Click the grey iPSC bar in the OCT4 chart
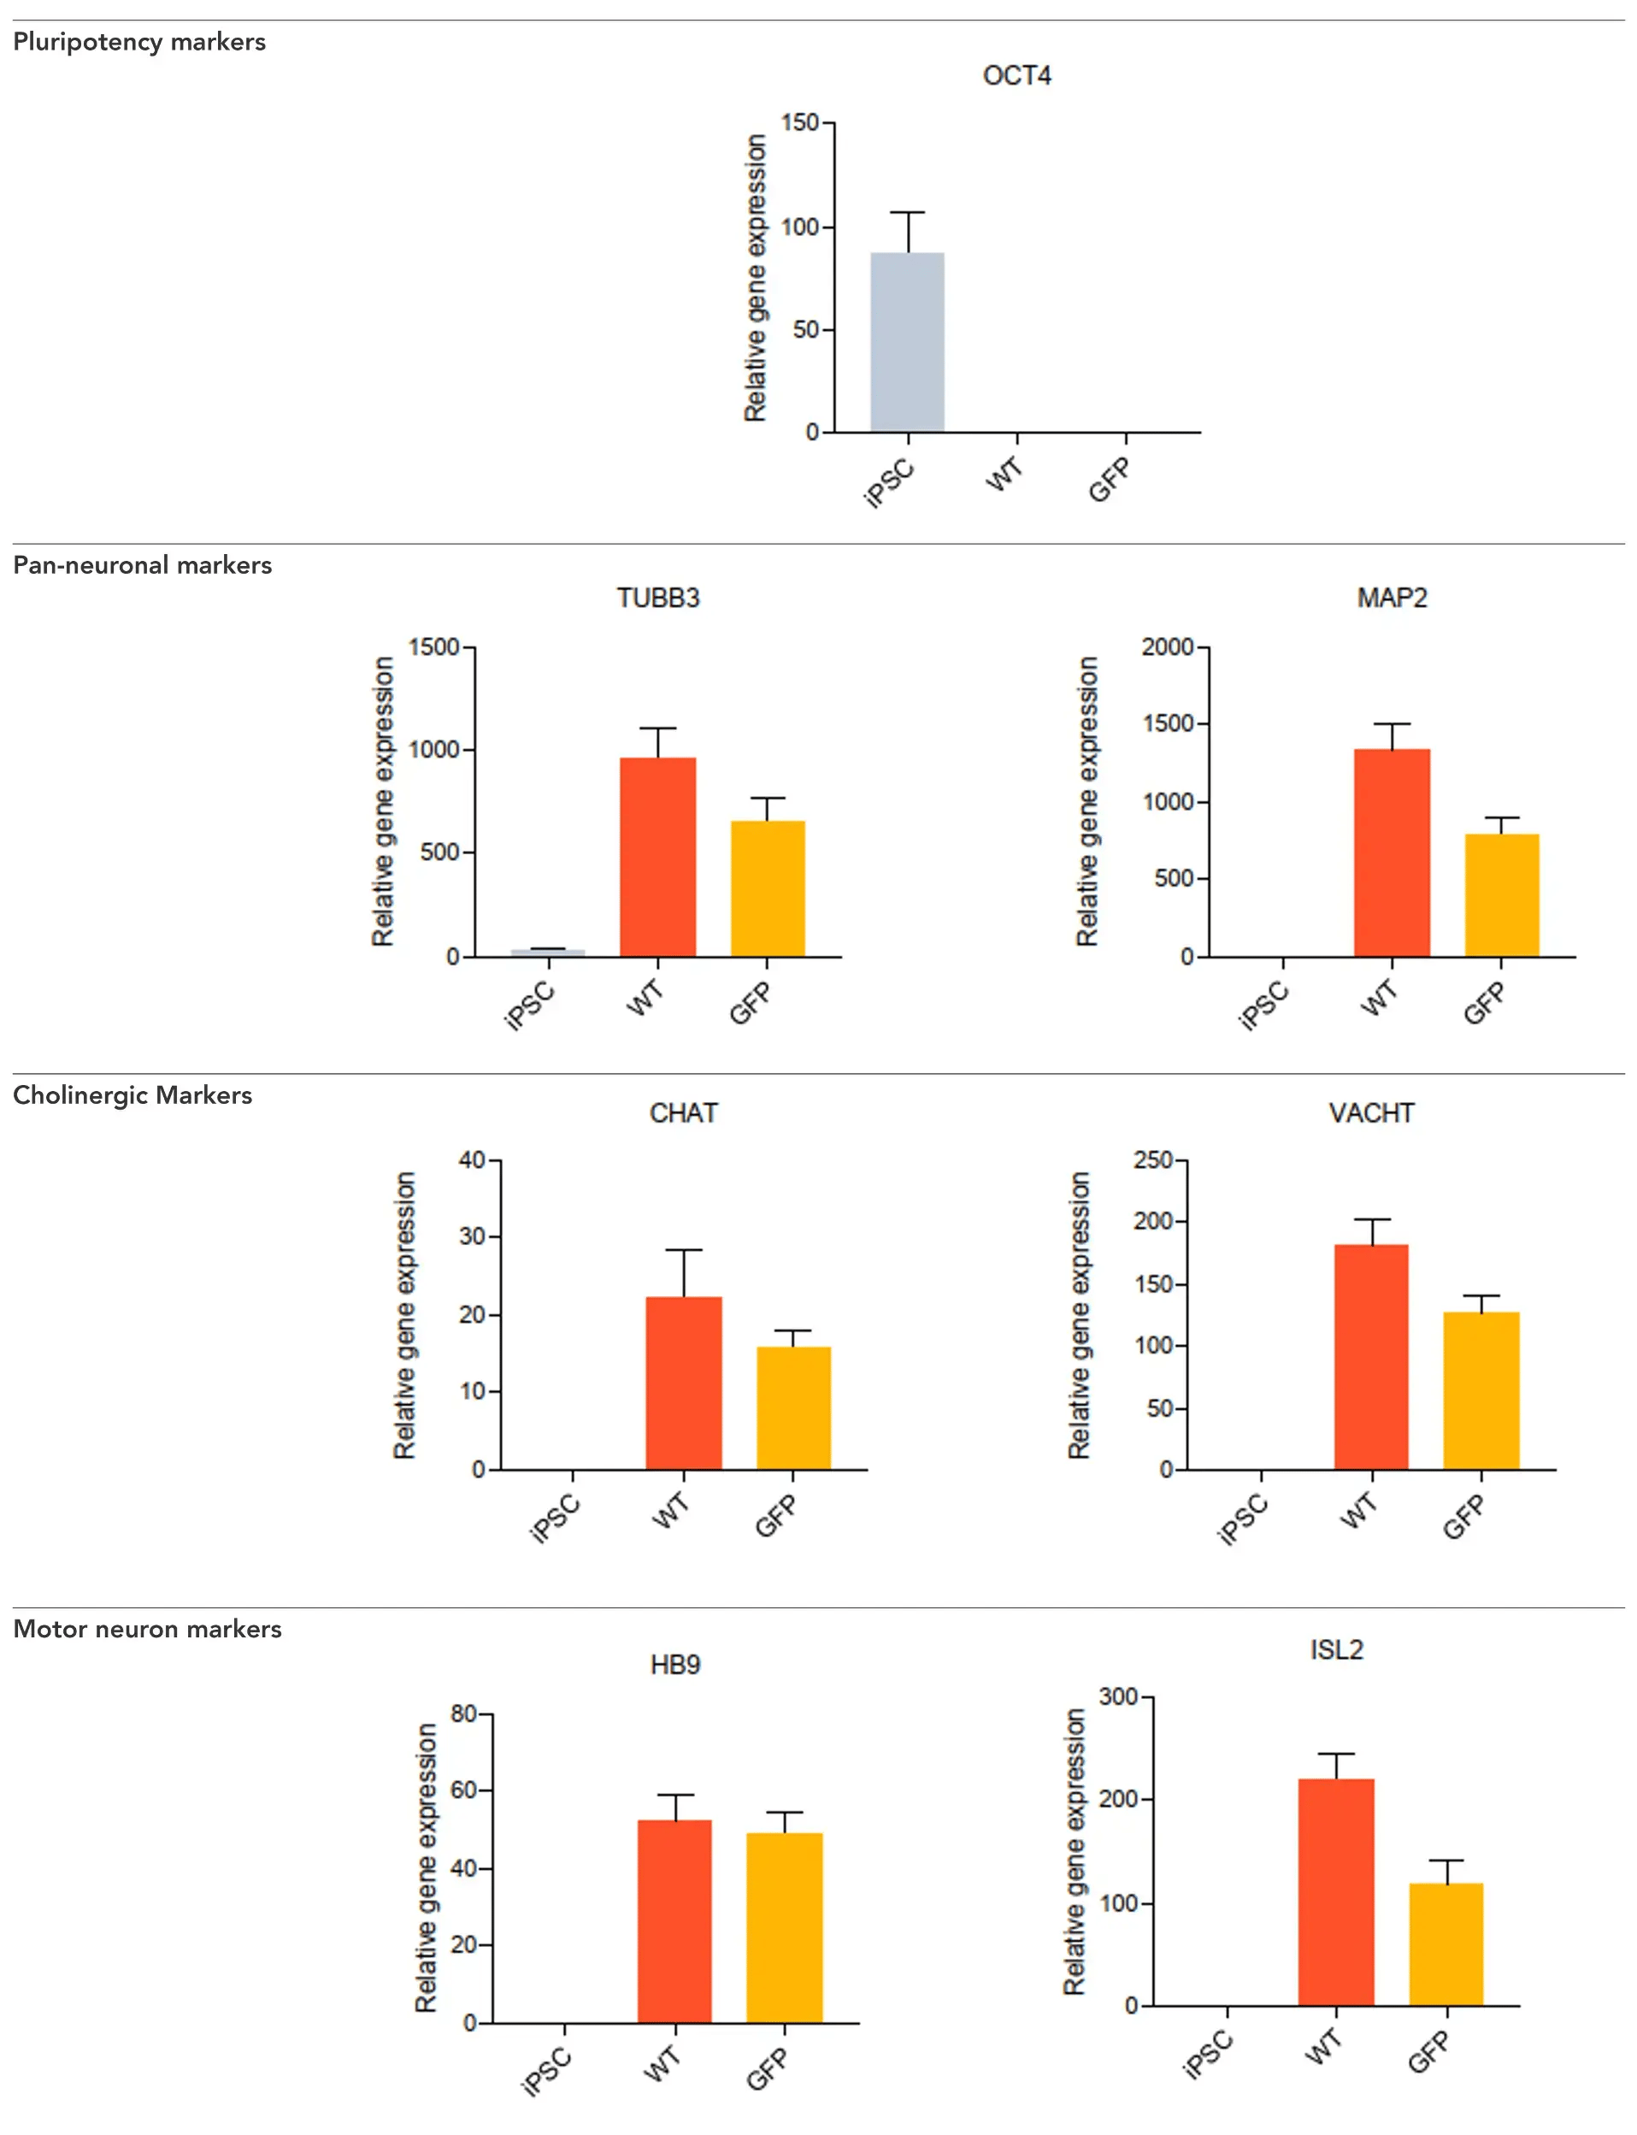[907, 342]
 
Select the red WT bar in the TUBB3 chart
[657, 857]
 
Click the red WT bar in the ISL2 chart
[1336, 1891]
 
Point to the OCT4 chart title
[1016, 76]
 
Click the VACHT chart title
[1371, 1112]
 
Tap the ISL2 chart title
[1336, 1649]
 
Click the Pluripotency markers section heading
[139, 42]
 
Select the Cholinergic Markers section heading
[132, 1095]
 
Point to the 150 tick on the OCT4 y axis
[800, 123]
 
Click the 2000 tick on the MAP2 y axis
[1168, 647]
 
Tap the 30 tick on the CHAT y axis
[473, 1236]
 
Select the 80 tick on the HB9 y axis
[464, 1713]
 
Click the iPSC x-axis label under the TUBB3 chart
[530, 1006]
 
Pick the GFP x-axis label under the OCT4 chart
[1110, 480]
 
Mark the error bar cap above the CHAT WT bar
[684, 1250]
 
